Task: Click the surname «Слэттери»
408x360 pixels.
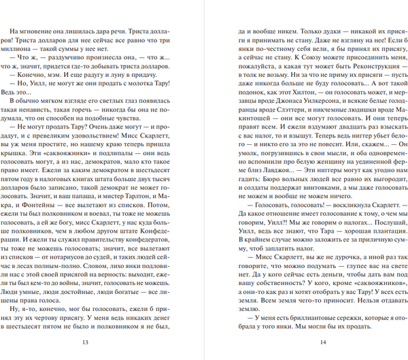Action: (x=292, y=117)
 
